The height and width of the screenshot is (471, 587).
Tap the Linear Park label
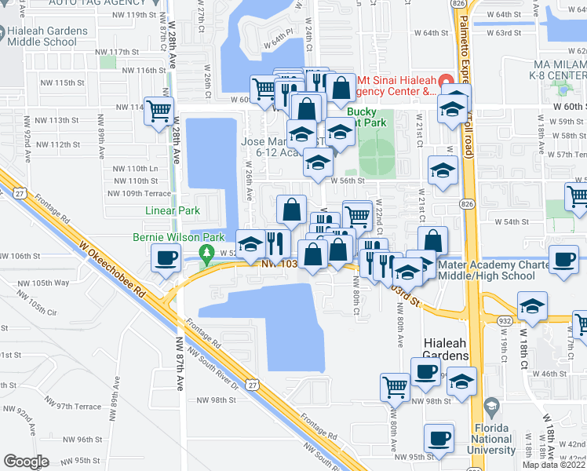pos(173,210)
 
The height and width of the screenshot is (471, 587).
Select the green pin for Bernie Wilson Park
pos(208,254)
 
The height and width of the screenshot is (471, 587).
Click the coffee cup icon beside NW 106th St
pos(166,258)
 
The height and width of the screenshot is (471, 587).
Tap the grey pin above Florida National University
pos(492,407)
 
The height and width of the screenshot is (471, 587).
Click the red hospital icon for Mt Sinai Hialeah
pos(445,80)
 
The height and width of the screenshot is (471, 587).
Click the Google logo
pos(26,461)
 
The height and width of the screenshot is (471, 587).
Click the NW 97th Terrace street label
pos(74,407)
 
